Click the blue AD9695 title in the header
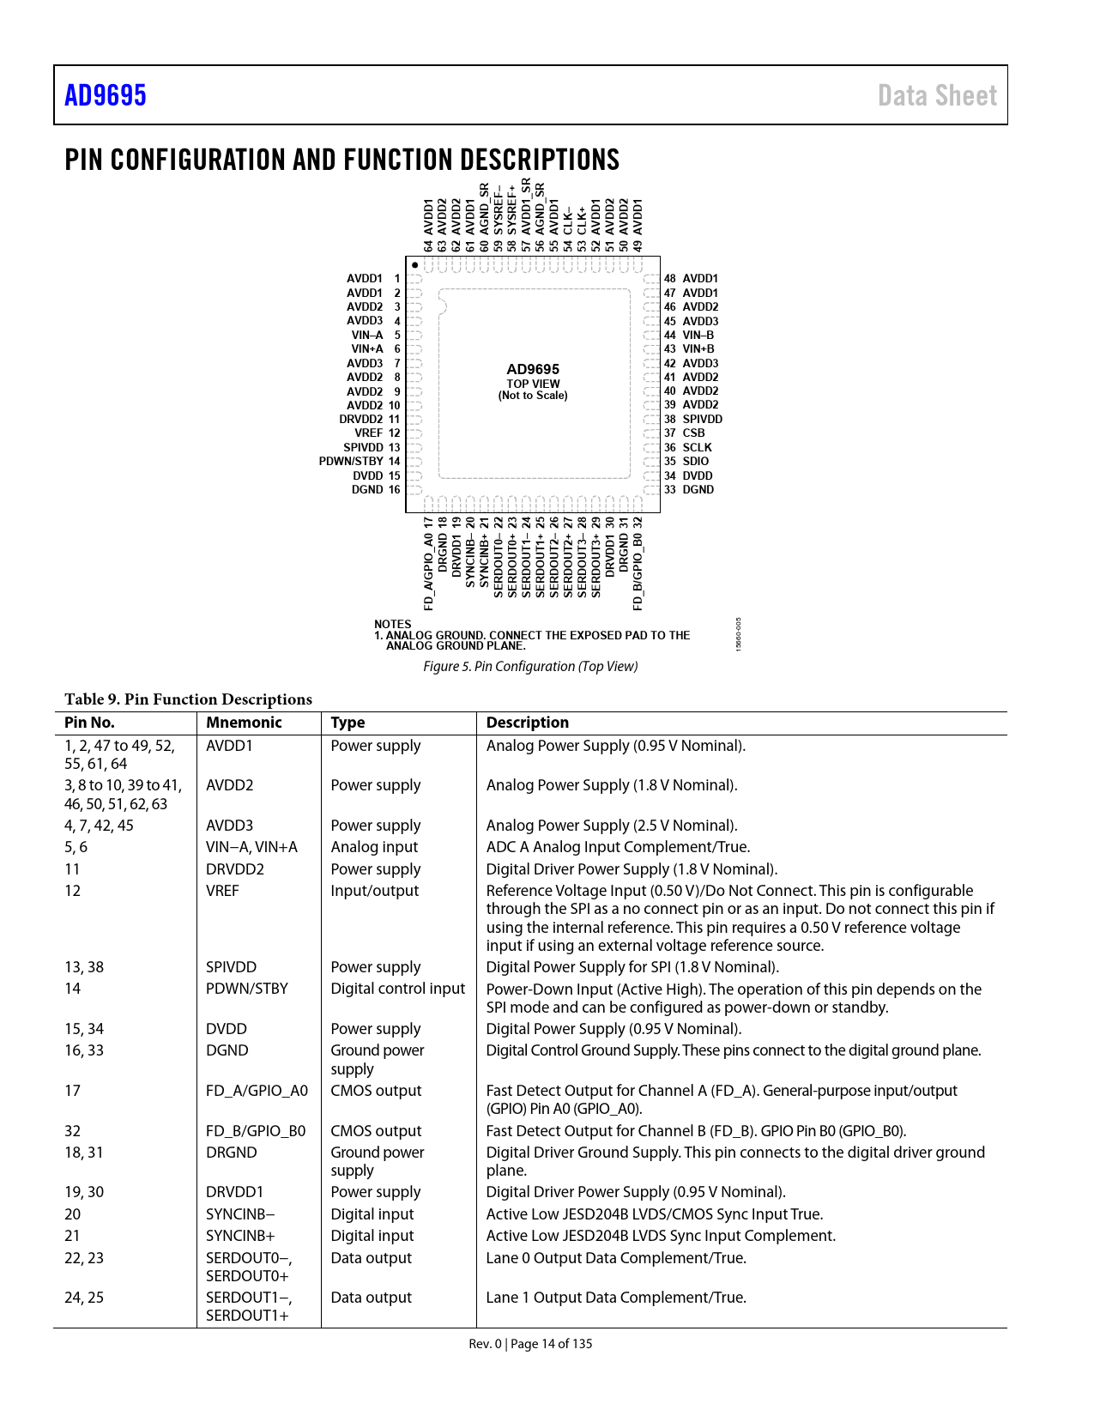coord(106,95)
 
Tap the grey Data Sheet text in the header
coord(937,95)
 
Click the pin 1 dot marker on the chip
coord(415,265)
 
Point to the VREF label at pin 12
coord(369,433)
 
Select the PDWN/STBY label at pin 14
coord(351,462)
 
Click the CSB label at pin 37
coord(693,433)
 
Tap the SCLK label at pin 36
coord(697,447)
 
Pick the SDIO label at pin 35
coord(696,462)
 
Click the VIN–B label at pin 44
coord(698,336)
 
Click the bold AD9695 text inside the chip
coord(533,370)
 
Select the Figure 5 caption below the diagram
coord(530,667)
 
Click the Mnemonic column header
coord(244,723)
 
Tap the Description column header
coord(528,723)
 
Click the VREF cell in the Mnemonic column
coord(222,891)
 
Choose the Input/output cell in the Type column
coord(375,891)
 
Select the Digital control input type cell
coord(398,989)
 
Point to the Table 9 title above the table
coord(188,699)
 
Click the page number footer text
coord(530,1344)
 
